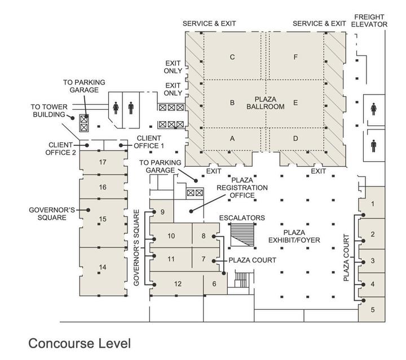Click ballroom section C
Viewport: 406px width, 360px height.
tap(232, 57)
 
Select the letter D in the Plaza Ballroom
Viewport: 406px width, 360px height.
tap(295, 139)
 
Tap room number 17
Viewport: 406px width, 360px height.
tap(103, 162)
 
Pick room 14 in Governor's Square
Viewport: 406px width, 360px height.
tap(103, 267)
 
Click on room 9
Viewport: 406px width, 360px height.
tap(162, 212)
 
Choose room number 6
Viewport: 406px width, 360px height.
tap(214, 283)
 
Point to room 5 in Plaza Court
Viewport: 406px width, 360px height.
tap(373, 309)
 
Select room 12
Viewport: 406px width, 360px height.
tap(178, 283)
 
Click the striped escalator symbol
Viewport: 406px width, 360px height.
tap(242, 233)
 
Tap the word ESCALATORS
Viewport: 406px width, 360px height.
tap(242, 217)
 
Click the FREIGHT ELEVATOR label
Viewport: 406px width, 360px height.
tap(369, 20)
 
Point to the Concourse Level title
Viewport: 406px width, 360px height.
tap(80, 343)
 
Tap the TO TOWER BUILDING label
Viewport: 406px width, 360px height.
tap(48, 110)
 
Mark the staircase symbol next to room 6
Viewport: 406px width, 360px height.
tap(241, 280)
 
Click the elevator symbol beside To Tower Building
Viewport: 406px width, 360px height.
tap(85, 123)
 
